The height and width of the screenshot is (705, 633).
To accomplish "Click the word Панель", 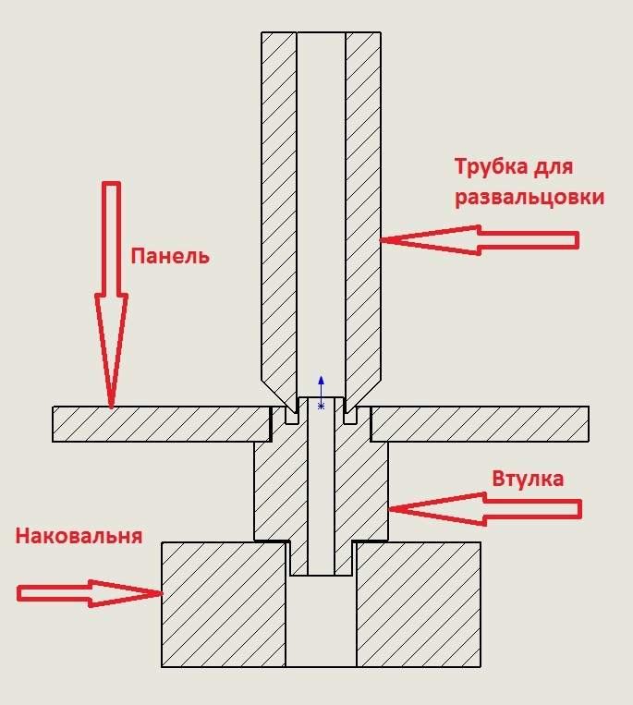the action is point(170,256).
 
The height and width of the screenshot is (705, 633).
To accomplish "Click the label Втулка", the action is point(528,479).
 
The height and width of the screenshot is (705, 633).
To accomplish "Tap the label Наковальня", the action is point(79,536).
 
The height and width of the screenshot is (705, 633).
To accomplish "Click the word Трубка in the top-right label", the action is point(491,166).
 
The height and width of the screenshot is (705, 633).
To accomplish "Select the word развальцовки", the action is point(530,198).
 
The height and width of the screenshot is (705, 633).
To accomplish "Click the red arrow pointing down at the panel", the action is point(111,295).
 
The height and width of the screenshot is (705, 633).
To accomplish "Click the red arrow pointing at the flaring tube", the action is point(480,240).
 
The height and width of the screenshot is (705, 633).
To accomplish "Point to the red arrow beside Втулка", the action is point(484,509).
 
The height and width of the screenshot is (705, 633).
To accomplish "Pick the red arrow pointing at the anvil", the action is point(90,593).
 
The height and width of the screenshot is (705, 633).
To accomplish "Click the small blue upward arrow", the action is point(321,389).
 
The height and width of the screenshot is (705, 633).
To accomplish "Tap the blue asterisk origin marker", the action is point(321,407).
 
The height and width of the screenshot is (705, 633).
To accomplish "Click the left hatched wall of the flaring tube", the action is point(279,212).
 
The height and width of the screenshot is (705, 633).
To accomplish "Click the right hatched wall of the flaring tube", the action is point(363,212).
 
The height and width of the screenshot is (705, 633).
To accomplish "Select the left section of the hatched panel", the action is point(162,424).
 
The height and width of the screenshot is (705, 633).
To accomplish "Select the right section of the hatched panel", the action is point(480,424).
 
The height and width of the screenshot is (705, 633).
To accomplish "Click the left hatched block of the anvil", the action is point(224,604).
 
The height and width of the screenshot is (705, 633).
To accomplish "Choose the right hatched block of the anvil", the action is point(419,604).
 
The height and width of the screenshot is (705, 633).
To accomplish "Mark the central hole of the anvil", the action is point(321,621).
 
